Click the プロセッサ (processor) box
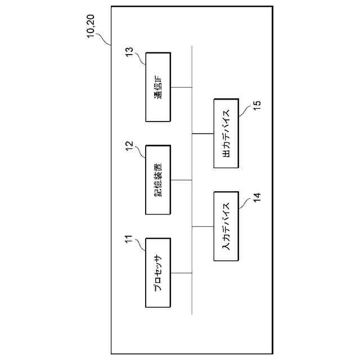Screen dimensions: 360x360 click(158, 273)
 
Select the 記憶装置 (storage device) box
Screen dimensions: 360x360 click(158, 180)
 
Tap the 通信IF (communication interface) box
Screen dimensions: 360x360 click(158, 87)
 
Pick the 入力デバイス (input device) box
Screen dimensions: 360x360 click(227, 227)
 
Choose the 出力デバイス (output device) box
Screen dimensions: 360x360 click(227, 133)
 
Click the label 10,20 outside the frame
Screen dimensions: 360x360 click(94, 29)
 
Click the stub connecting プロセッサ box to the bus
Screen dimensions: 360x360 click(181, 273)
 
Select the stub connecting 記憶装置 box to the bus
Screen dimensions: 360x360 click(181, 180)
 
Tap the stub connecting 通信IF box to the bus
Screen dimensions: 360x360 click(181, 87)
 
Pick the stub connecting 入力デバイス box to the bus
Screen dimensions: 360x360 click(203, 227)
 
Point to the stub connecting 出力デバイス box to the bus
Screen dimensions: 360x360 click(203, 133)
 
